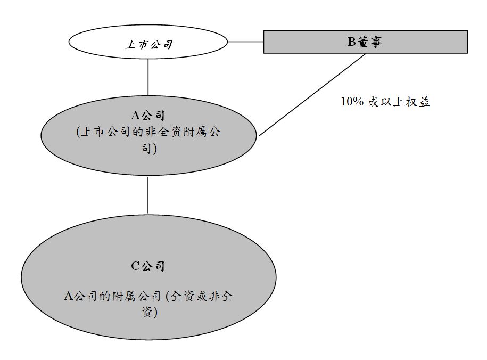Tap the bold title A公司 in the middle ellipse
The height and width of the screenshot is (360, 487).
point(148,115)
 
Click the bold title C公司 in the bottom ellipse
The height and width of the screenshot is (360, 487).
point(148,266)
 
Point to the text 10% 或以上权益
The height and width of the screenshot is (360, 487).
point(385,102)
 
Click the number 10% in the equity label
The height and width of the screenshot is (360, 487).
point(351,102)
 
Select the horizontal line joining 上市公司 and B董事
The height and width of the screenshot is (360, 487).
point(245,41)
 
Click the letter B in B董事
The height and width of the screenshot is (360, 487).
point(351,42)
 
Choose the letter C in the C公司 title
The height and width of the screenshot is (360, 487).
point(135,266)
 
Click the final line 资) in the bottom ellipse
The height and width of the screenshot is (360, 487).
point(148,313)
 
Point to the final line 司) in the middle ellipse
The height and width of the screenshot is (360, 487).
point(148,149)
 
